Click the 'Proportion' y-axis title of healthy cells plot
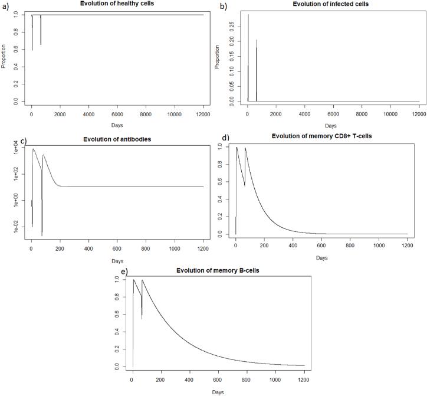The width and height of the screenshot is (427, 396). click(5, 57)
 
